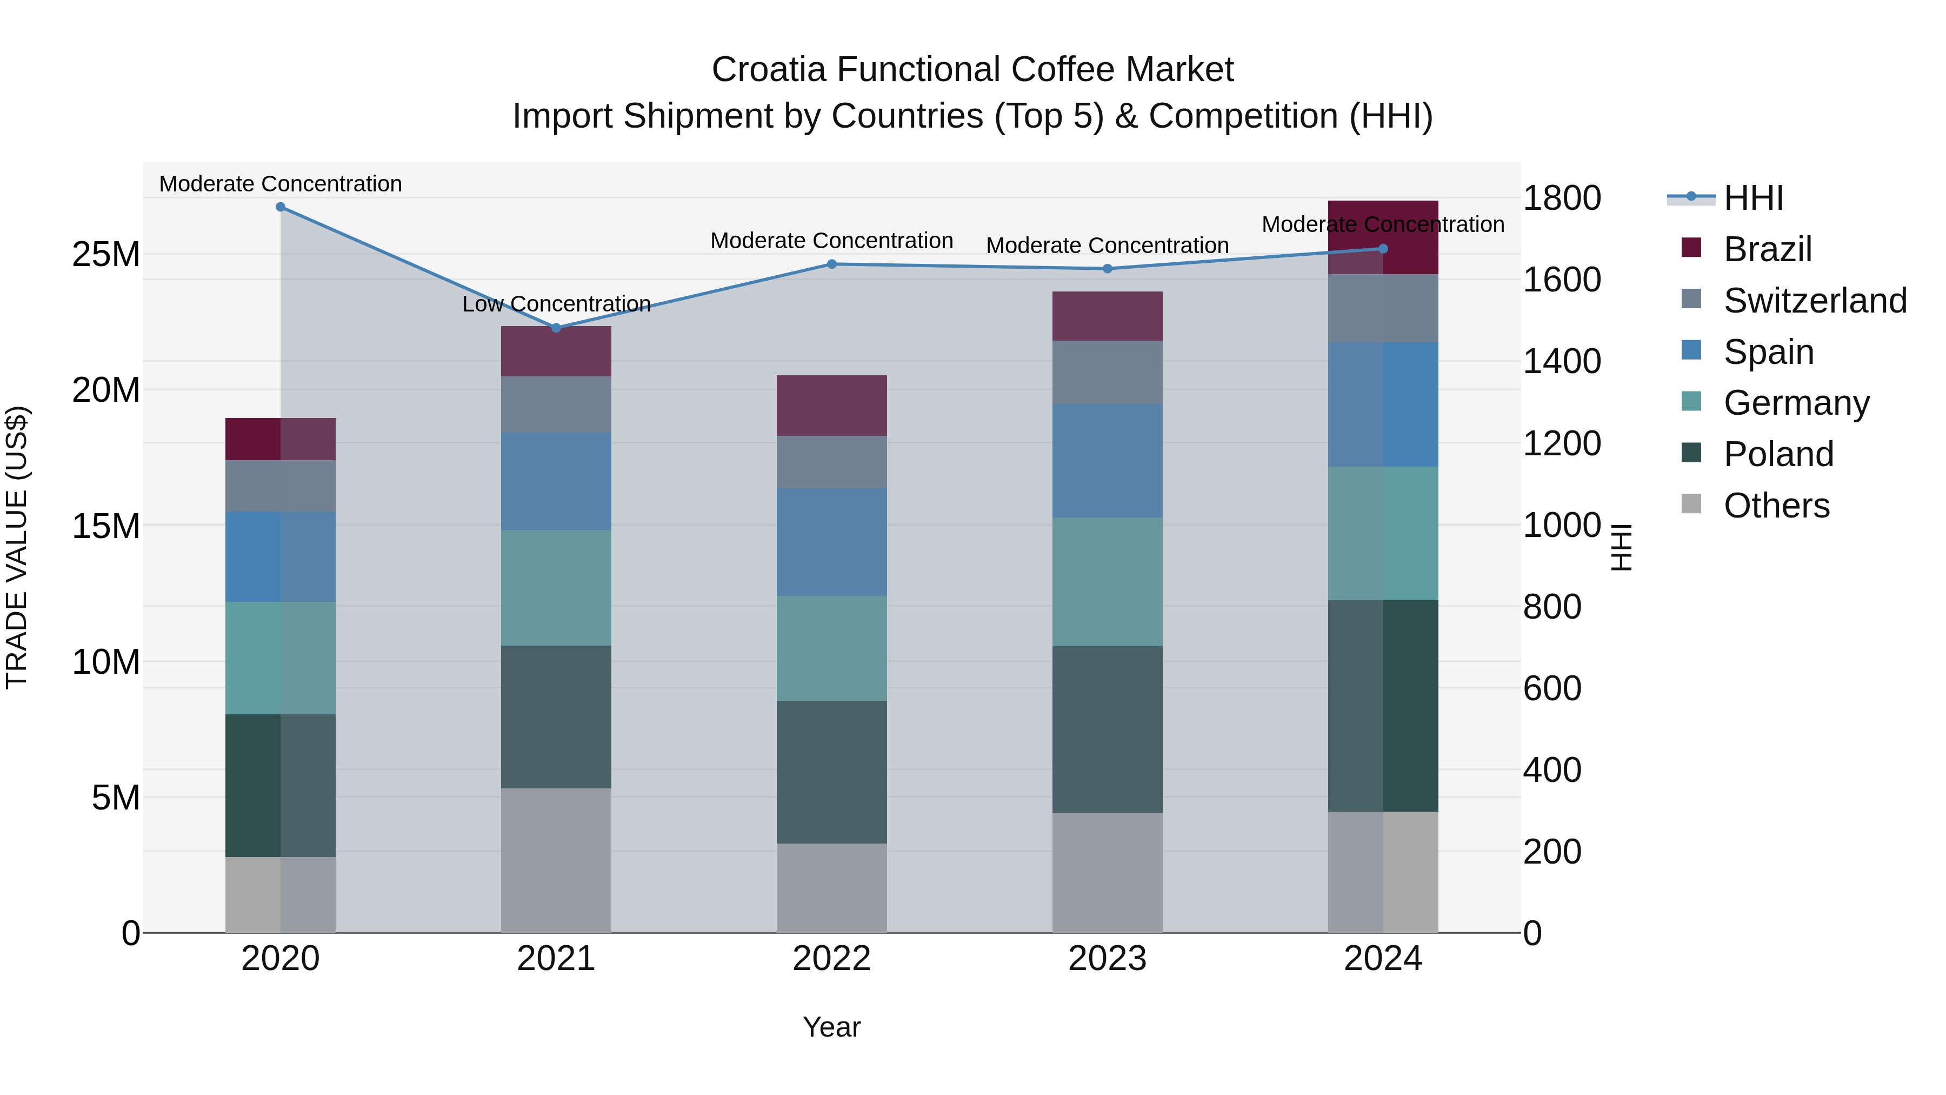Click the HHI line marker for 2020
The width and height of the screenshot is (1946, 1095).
(280, 207)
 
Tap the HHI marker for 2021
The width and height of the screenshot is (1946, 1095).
(556, 328)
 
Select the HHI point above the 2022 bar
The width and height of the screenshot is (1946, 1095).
(832, 264)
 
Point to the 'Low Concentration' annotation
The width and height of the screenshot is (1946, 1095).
(556, 304)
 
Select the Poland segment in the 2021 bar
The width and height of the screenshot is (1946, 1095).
(556, 716)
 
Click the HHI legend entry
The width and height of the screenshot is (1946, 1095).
(1752, 198)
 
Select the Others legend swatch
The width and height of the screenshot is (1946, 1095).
(1691, 504)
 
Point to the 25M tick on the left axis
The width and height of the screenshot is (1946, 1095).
(106, 254)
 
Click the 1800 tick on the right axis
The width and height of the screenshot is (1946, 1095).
(1561, 198)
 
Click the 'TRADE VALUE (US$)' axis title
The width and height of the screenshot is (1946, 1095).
(17, 547)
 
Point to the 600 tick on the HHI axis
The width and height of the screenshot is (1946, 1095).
(1551, 688)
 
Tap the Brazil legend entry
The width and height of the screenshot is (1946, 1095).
(1767, 249)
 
